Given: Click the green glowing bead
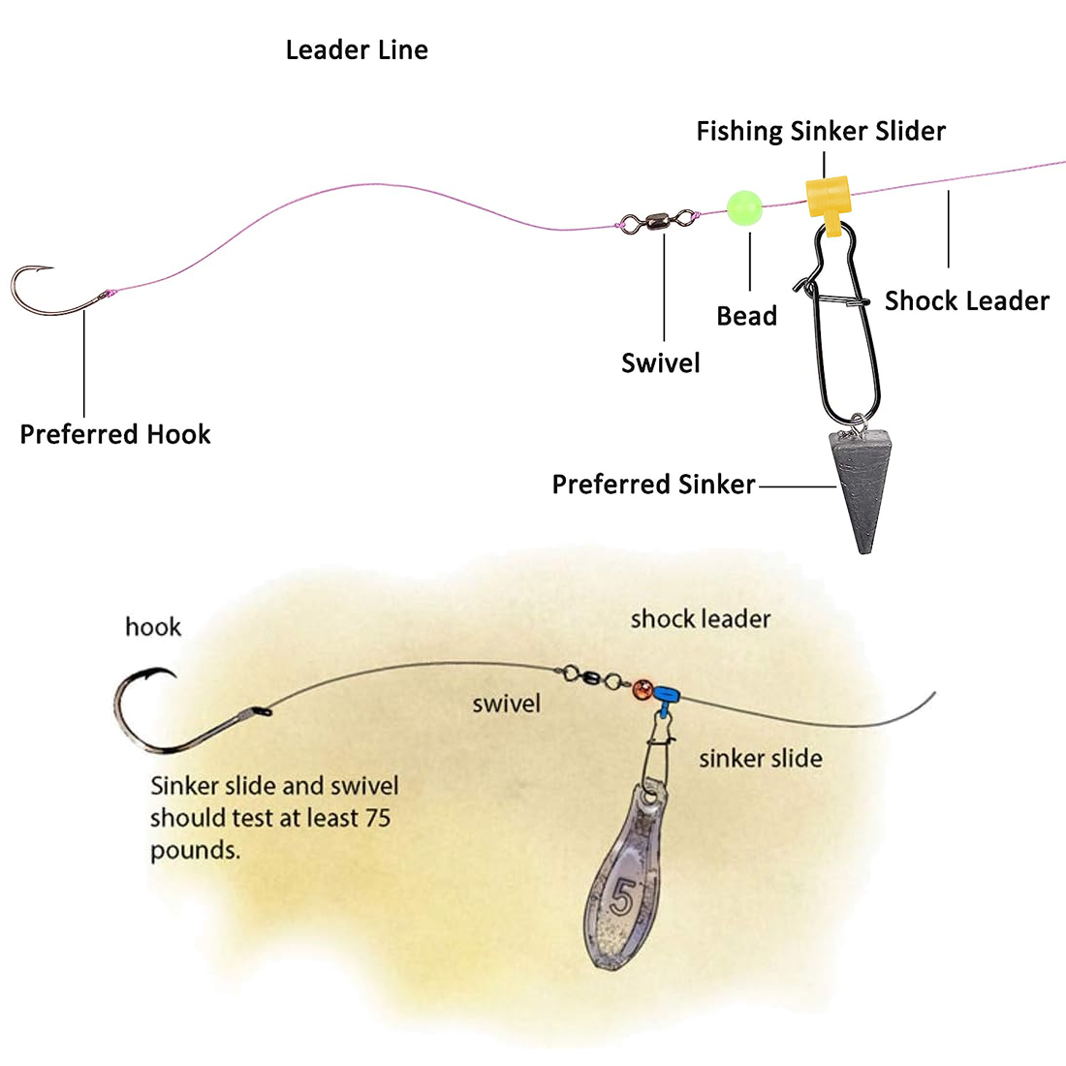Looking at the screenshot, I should pos(744,205).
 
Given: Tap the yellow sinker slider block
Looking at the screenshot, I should pos(829,196).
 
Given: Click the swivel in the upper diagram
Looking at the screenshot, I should pos(660,221).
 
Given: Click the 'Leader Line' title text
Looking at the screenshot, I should pos(357,50).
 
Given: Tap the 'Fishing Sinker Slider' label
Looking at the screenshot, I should pos(821,132).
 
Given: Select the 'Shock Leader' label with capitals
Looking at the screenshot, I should pos(966,301).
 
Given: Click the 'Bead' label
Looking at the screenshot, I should pos(746,316).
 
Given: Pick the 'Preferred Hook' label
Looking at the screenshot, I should pos(115,434).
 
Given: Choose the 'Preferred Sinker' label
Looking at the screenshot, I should pos(653,485).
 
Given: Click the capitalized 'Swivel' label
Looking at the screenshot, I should pos(660,363).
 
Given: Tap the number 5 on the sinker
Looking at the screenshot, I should pos(621,898).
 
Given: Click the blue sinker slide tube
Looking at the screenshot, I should pos(667,694).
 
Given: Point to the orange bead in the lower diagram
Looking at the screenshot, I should pos(642,691).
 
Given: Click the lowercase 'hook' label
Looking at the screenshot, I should pos(153,627).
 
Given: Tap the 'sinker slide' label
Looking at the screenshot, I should pos(760,758).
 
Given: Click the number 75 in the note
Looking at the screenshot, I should pos(377,818).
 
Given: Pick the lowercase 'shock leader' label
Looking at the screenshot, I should pos(701,618).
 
